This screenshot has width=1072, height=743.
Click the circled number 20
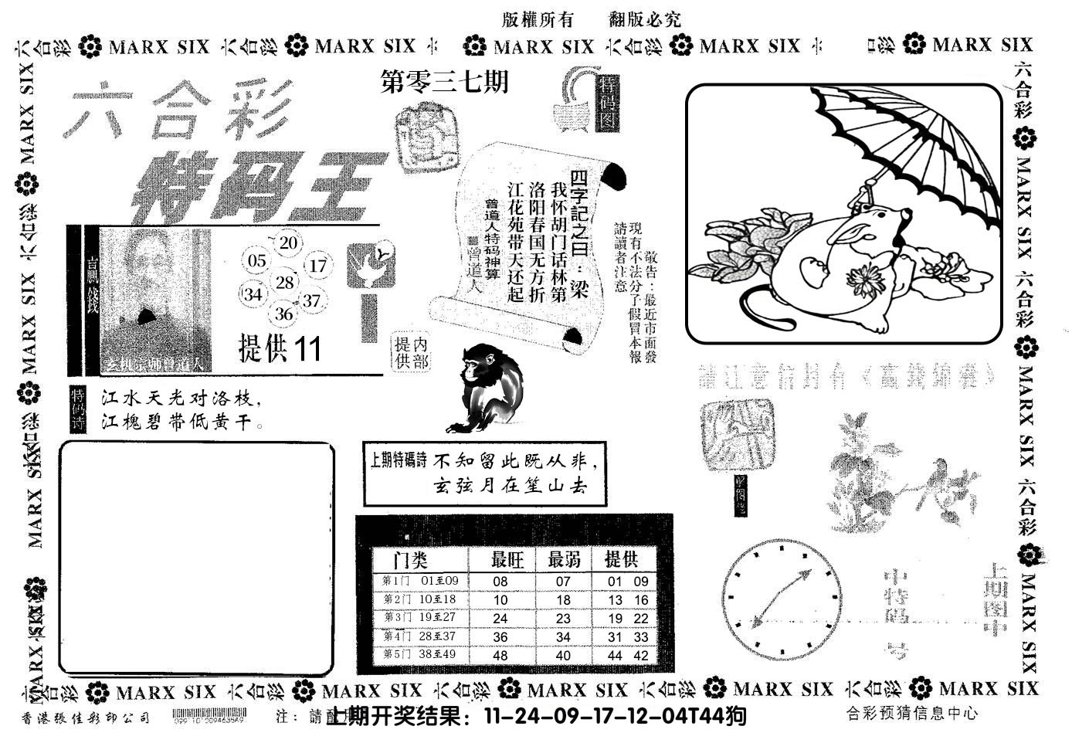tap(289, 243)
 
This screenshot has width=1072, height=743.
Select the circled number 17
tap(317, 266)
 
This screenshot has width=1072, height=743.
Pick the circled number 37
tap(311, 300)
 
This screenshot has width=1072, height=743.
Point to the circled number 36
tap(283, 314)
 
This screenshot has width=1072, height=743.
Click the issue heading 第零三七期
tap(446, 83)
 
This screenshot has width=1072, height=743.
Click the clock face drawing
tap(781, 597)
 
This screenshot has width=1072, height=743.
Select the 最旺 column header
tap(507, 559)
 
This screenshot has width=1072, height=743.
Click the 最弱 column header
tap(564, 559)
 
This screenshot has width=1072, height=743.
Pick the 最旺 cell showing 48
tap(500, 656)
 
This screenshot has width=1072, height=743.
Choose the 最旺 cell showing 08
tap(500, 582)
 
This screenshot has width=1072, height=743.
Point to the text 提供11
tap(280, 350)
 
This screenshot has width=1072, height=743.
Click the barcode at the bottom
tap(209, 716)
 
